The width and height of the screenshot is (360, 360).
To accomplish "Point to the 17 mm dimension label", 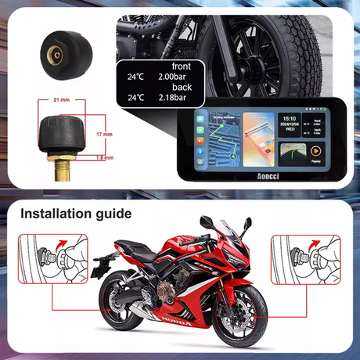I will (103, 134).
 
